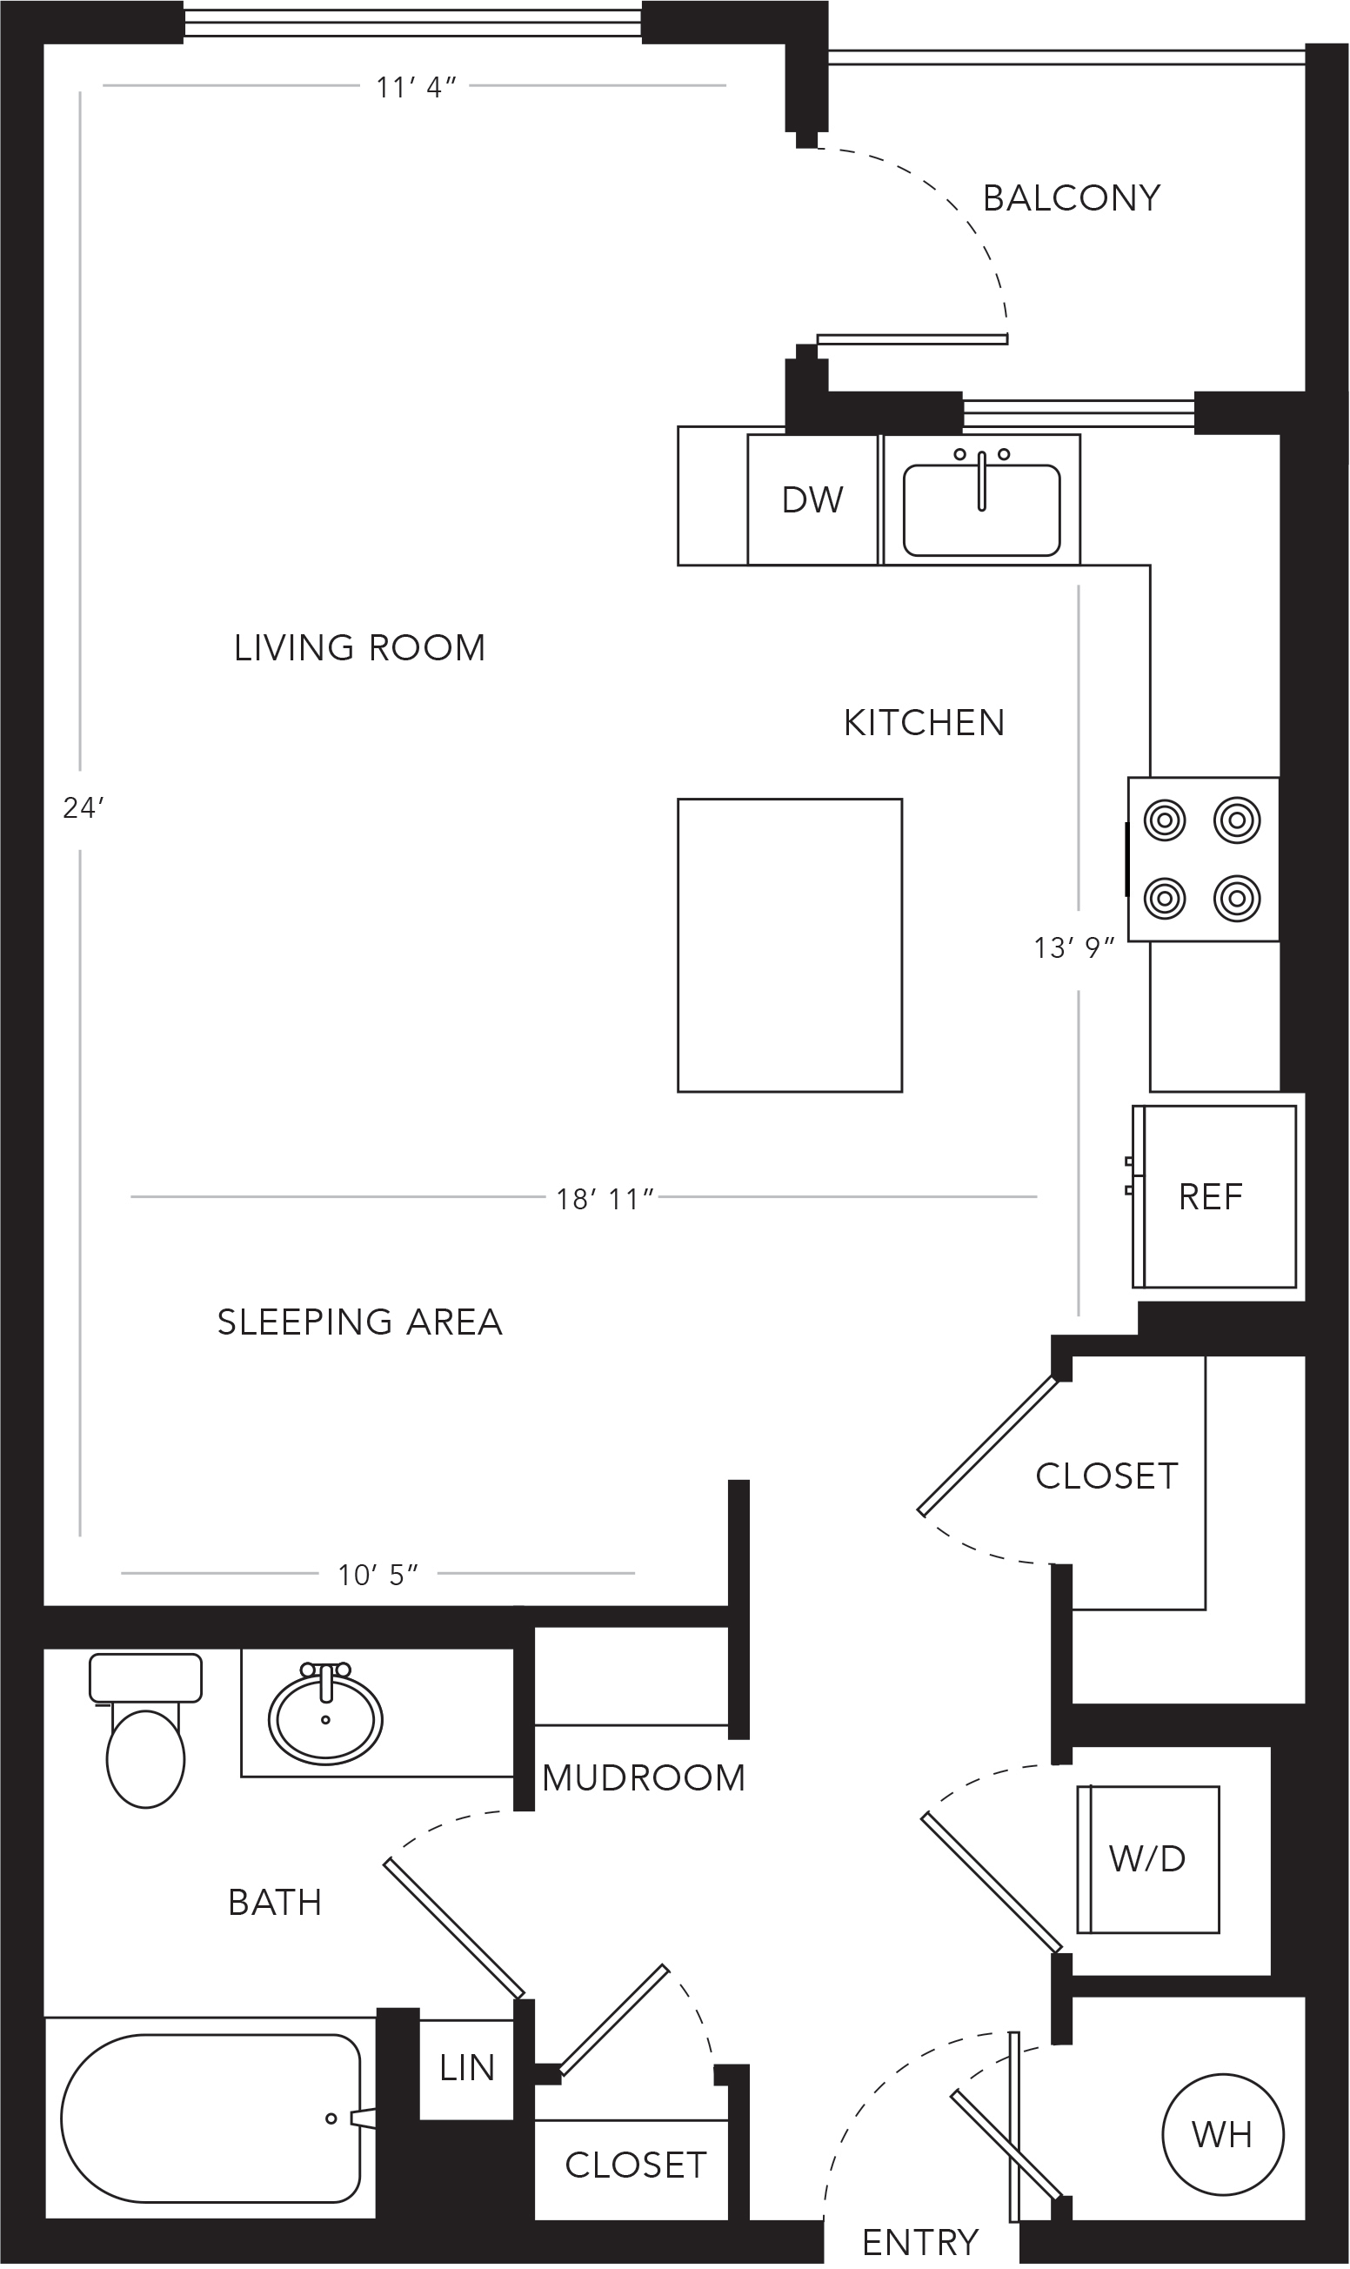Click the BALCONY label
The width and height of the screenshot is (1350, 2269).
[1072, 198]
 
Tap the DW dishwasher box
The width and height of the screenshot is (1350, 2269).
[813, 499]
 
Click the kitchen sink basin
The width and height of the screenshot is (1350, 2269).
[981, 510]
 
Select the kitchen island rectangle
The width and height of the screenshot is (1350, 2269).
[790, 945]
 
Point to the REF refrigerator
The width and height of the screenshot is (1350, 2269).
[1214, 1196]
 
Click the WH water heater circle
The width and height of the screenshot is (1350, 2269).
[1223, 2134]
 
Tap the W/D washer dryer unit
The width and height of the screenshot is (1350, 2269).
[1148, 1859]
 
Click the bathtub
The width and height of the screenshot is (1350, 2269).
[211, 2118]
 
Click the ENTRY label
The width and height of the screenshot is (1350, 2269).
[920, 2244]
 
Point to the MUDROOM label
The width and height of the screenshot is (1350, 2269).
[643, 1777]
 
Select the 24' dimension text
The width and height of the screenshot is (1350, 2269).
[84, 808]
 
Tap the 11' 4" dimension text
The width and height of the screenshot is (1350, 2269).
[416, 87]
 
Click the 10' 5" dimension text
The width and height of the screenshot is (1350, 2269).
[378, 1575]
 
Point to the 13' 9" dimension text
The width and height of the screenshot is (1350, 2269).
[1074, 948]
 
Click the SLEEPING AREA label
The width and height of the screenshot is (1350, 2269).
[359, 1322]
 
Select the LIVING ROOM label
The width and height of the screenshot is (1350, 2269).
[359, 648]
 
